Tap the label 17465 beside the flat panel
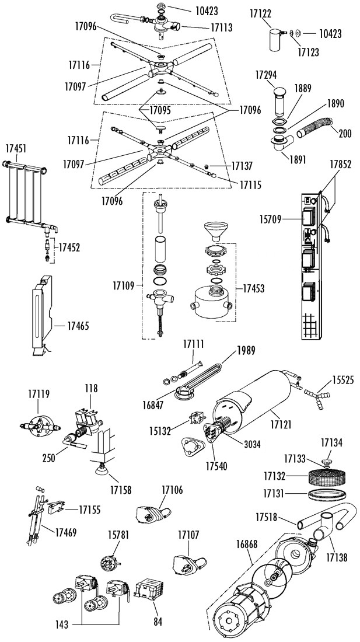point(78,326)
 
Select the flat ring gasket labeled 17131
point(326,493)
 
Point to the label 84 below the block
point(158,622)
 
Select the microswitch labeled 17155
point(55,508)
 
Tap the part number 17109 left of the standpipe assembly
point(124,285)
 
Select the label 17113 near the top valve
point(221,27)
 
